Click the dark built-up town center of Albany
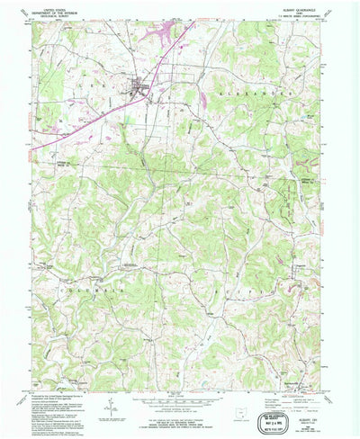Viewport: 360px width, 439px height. click(139, 87)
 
